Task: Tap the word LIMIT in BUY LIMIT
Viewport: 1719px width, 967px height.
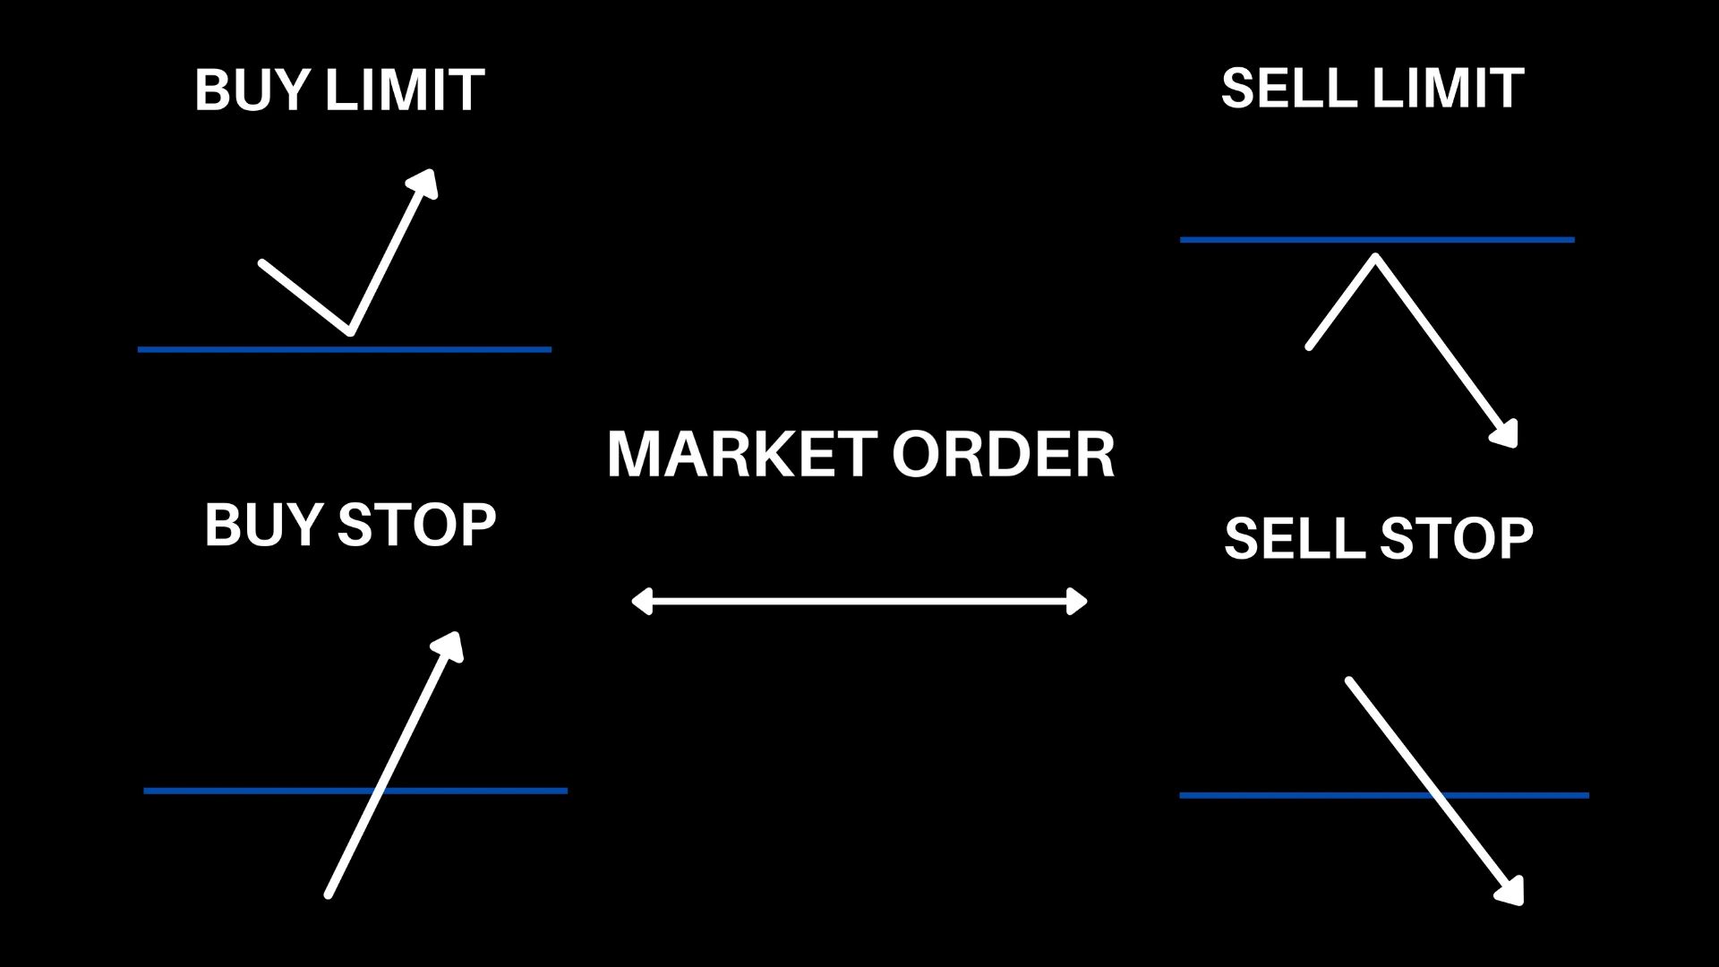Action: click(x=404, y=90)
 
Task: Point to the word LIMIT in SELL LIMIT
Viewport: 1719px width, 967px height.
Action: click(x=1447, y=89)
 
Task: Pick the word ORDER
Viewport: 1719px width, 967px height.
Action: click(x=1003, y=454)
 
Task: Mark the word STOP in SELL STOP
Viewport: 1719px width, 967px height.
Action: click(x=1456, y=538)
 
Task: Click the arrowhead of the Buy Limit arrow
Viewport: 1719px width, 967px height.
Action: click(x=424, y=181)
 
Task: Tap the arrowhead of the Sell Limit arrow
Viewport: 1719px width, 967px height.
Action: click(x=1507, y=435)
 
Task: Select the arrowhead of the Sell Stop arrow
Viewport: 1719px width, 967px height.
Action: click(x=1511, y=893)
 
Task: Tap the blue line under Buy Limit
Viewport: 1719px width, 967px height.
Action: click(x=224, y=349)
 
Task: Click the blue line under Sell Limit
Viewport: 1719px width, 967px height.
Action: click(x=1253, y=240)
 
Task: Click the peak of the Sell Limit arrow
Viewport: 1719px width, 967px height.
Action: click(x=1375, y=259)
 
